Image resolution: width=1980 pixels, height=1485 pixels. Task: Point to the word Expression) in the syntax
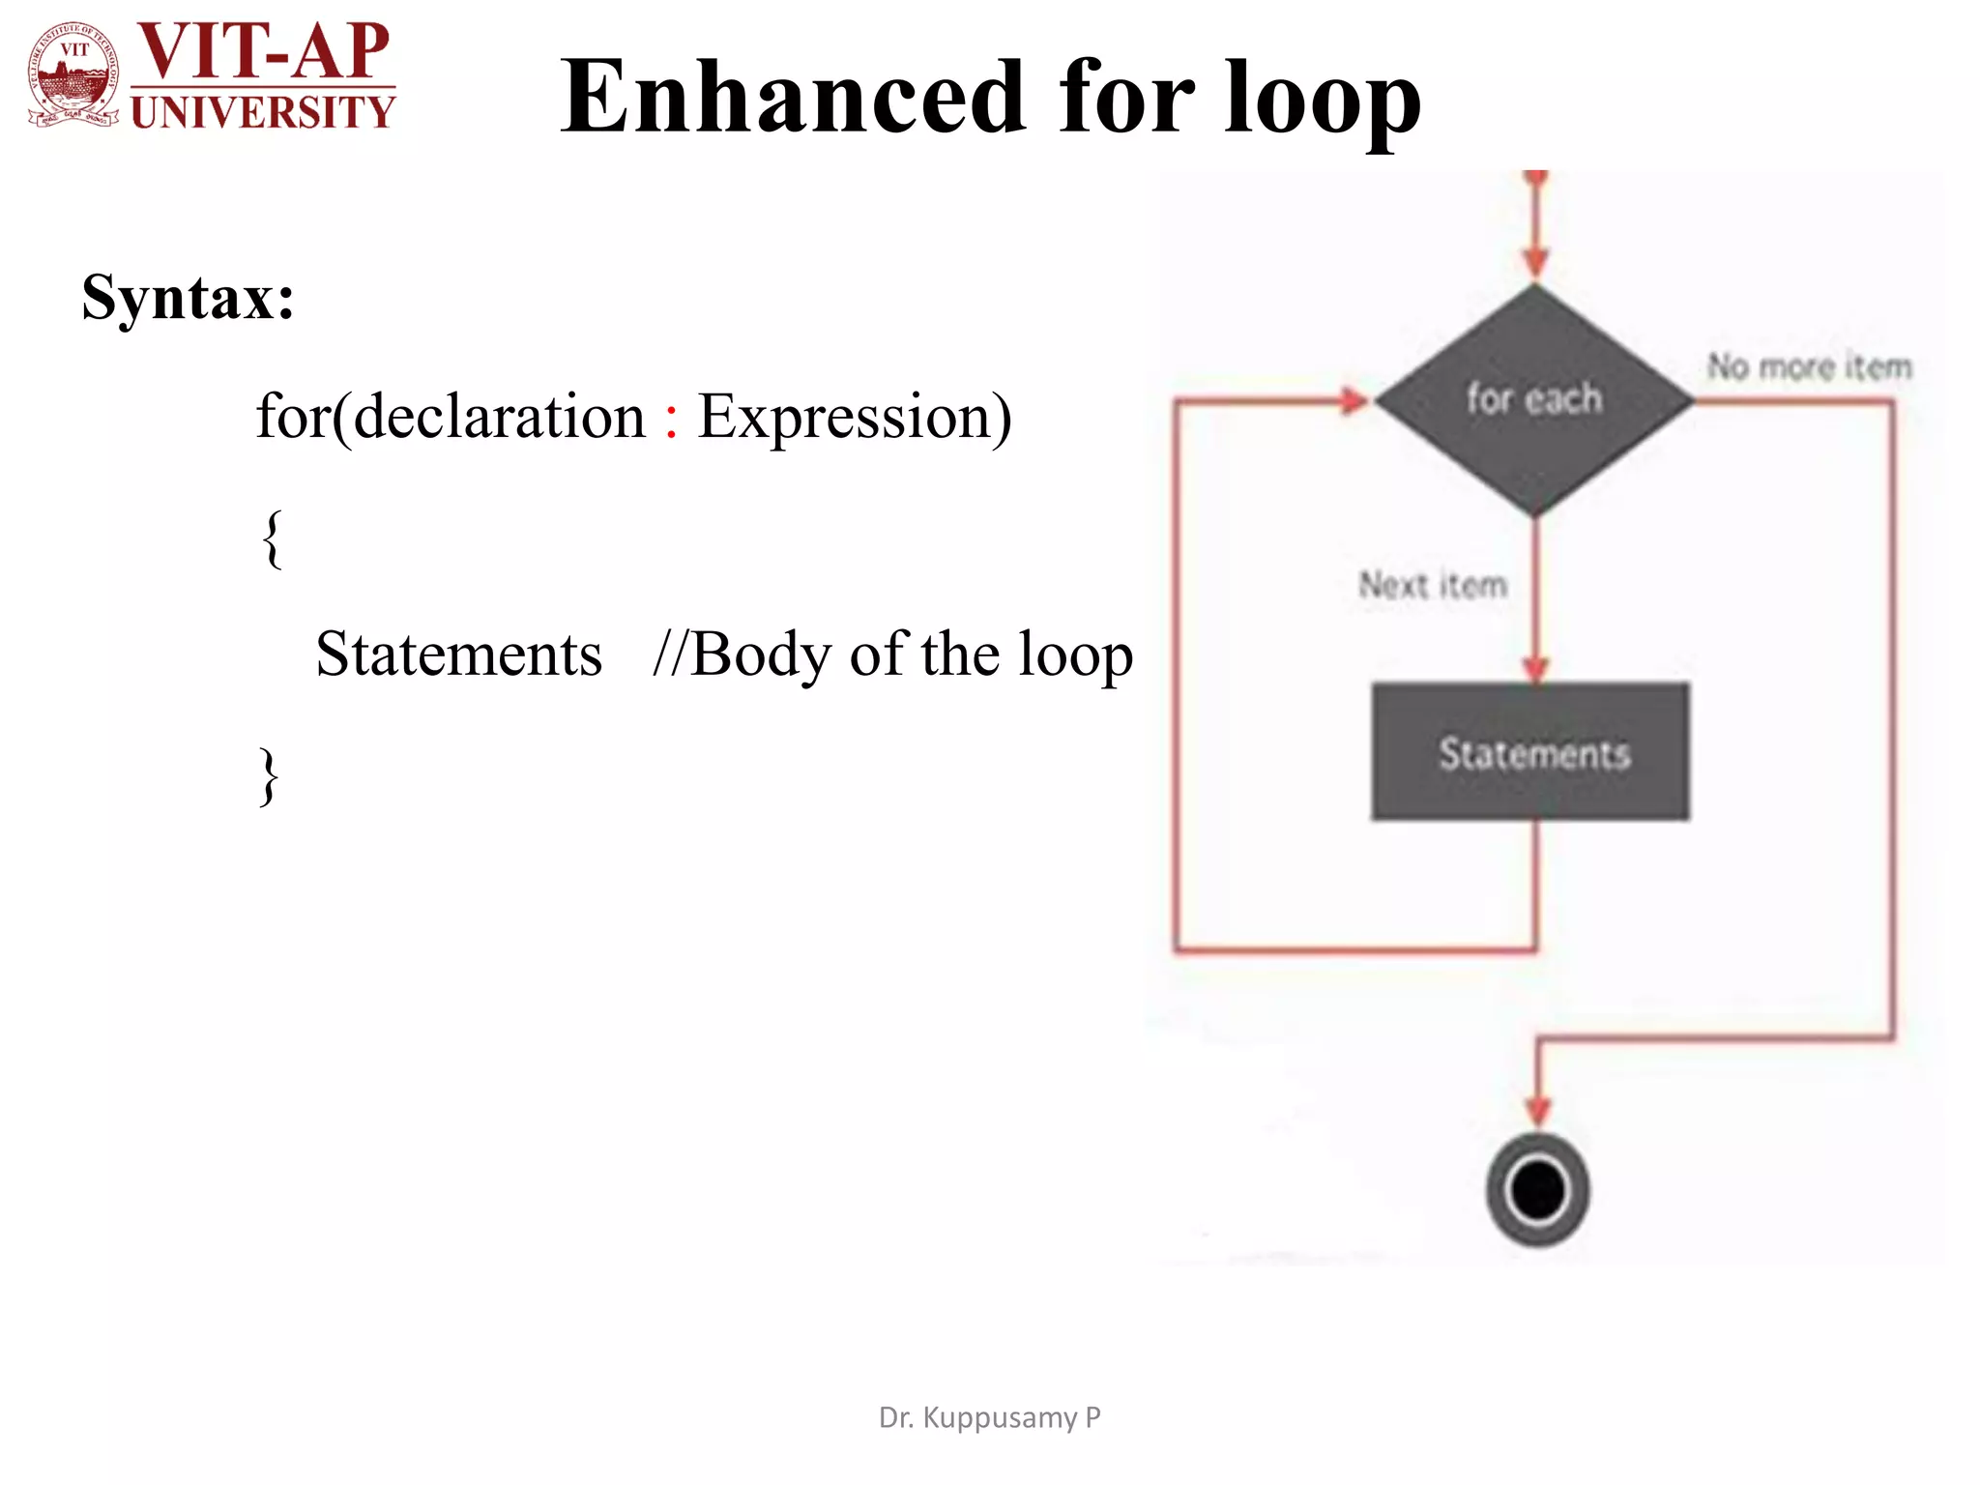(x=855, y=418)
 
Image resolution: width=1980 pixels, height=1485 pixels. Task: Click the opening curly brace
(x=273, y=539)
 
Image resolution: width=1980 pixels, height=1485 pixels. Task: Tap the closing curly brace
(x=270, y=776)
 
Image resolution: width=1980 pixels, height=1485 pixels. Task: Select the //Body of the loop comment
(x=892, y=655)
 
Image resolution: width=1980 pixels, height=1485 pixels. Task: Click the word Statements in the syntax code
(x=459, y=655)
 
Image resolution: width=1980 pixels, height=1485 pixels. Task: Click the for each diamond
(x=1534, y=399)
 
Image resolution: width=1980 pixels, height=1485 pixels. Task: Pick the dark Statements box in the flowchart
(x=1531, y=752)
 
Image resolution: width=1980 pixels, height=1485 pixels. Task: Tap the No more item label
(x=1810, y=366)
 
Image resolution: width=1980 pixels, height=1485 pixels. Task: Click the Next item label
(x=1433, y=584)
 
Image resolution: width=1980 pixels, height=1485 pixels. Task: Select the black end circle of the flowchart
(x=1538, y=1190)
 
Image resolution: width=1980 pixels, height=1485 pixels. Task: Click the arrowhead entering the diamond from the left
(x=1353, y=400)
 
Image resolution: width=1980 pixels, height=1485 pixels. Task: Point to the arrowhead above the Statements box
(x=1535, y=669)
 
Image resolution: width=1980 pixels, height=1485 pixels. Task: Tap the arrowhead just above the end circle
(x=1538, y=1111)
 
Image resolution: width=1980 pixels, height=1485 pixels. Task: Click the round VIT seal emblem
(x=74, y=75)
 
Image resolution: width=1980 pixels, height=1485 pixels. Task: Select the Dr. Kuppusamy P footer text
(x=989, y=1417)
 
